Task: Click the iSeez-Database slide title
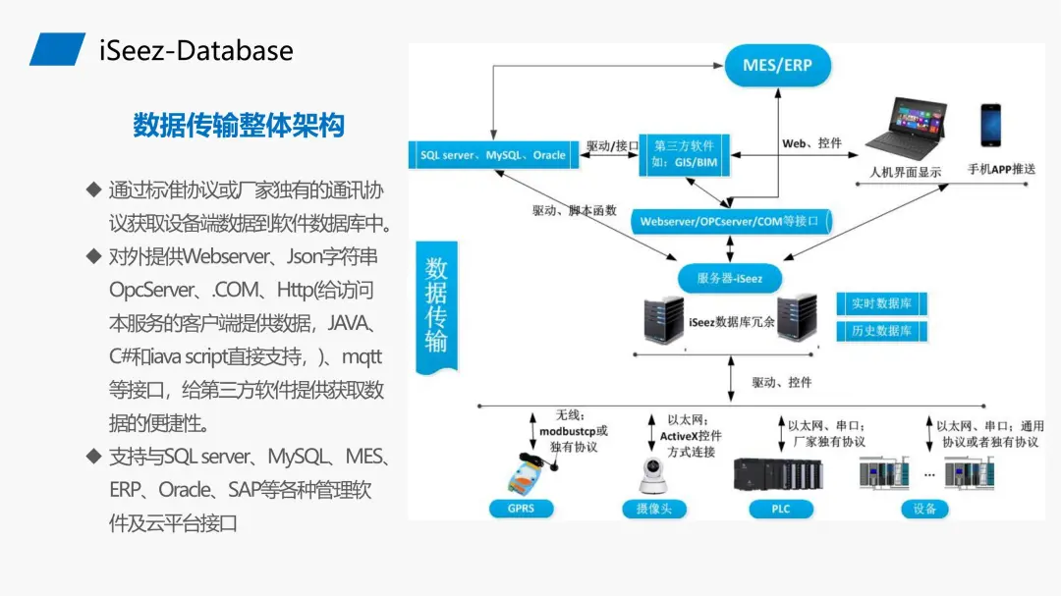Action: pos(195,50)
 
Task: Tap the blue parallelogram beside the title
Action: pos(57,49)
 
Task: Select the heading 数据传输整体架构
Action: pos(239,126)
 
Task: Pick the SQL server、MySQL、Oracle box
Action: pos(492,155)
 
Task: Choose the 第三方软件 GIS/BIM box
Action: pos(685,153)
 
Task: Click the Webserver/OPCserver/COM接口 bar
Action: pos(729,221)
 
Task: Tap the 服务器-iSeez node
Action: pos(729,278)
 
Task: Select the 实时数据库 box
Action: pos(880,304)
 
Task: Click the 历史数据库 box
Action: pos(880,331)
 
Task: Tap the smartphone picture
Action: pos(990,126)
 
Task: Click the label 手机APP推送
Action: pos(1001,169)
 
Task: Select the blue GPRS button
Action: pos(521,509)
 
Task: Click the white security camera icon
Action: pos(649,476)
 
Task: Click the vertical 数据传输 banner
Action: pos(436,306)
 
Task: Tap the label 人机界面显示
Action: pos(905,172)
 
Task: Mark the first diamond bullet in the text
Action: pos(93,189)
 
